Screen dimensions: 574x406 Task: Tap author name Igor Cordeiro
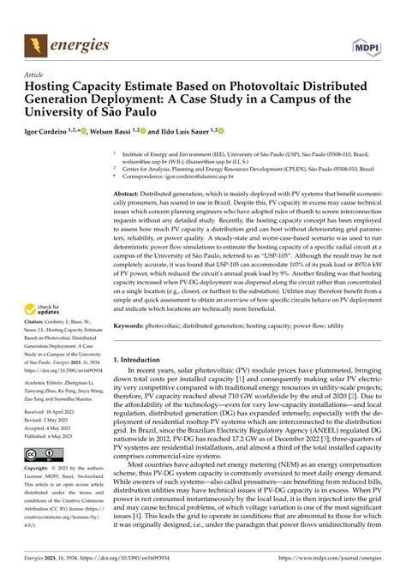(x=53, y=133)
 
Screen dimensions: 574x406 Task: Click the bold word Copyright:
(x=42, y=494)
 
